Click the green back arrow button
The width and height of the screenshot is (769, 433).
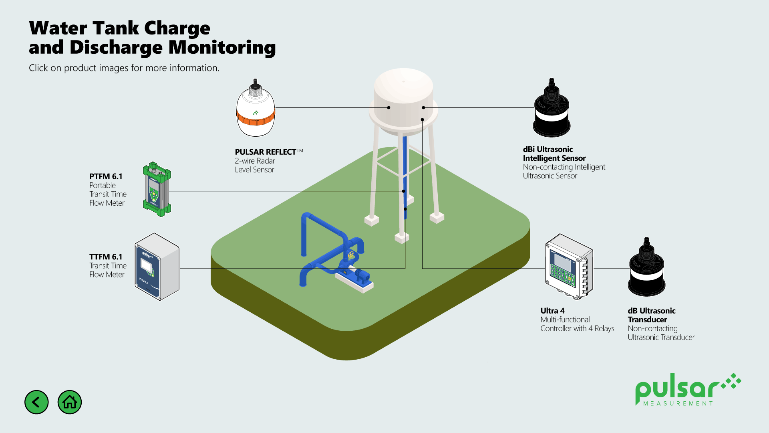36,402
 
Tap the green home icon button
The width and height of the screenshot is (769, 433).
70,402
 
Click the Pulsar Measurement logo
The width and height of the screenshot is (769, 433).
687,390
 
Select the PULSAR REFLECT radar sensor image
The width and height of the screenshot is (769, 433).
256,108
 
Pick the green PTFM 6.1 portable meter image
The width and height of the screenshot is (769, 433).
157,189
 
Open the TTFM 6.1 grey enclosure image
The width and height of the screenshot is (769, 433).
157,267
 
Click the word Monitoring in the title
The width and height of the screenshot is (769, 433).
222,47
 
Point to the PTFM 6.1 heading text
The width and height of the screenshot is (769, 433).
106,176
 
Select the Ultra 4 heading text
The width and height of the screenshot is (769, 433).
552,311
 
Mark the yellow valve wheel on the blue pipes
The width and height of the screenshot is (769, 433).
351,255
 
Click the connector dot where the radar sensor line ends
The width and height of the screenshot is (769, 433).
389,107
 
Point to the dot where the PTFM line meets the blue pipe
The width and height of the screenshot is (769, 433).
404,191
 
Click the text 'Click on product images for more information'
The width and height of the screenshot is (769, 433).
124,68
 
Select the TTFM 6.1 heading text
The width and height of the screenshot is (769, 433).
106,257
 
